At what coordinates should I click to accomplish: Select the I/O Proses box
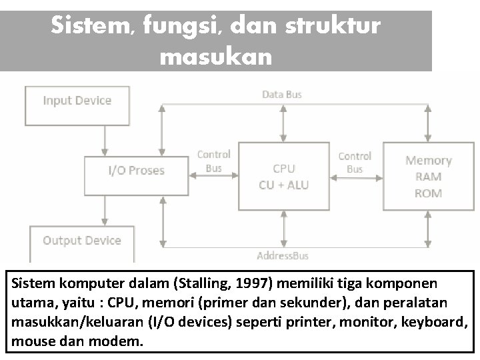[136, 171]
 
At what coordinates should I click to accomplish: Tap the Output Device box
[81, 241]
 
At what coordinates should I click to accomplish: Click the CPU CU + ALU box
[283, 177]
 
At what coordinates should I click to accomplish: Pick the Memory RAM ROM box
[428, 177]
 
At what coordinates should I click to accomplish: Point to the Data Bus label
[281, 95]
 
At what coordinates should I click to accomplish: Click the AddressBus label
[283, 255]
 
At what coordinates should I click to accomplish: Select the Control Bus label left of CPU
[213, 161]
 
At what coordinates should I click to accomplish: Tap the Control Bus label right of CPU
[355, 162]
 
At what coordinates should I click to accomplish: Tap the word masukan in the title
[216, 57]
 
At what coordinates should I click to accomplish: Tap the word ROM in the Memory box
[428, 193]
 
